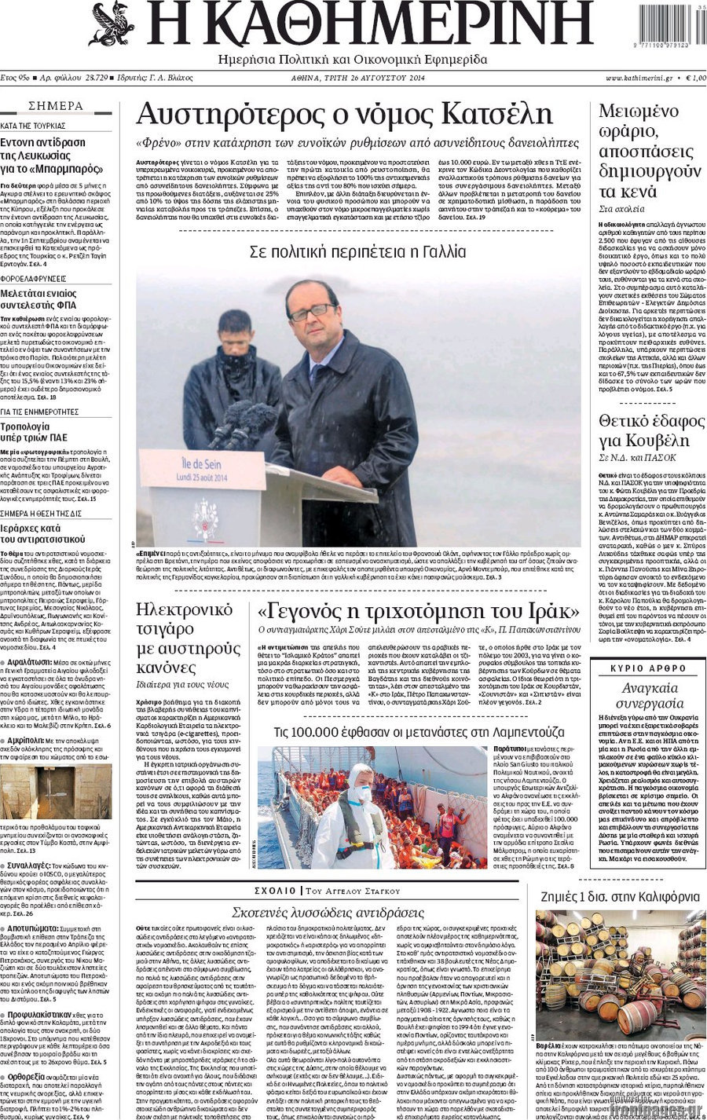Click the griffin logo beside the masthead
click(112, 24)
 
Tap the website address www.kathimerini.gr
click(639, 78)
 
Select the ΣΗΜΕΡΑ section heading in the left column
click(56, 106)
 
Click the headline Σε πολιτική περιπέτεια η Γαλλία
click(357, 252)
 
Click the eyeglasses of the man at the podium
click(311, 311)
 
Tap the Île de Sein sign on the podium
click(202, 470)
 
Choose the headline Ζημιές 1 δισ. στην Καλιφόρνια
click(620, 896)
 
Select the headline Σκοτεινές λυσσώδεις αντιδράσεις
click(328, 912)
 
